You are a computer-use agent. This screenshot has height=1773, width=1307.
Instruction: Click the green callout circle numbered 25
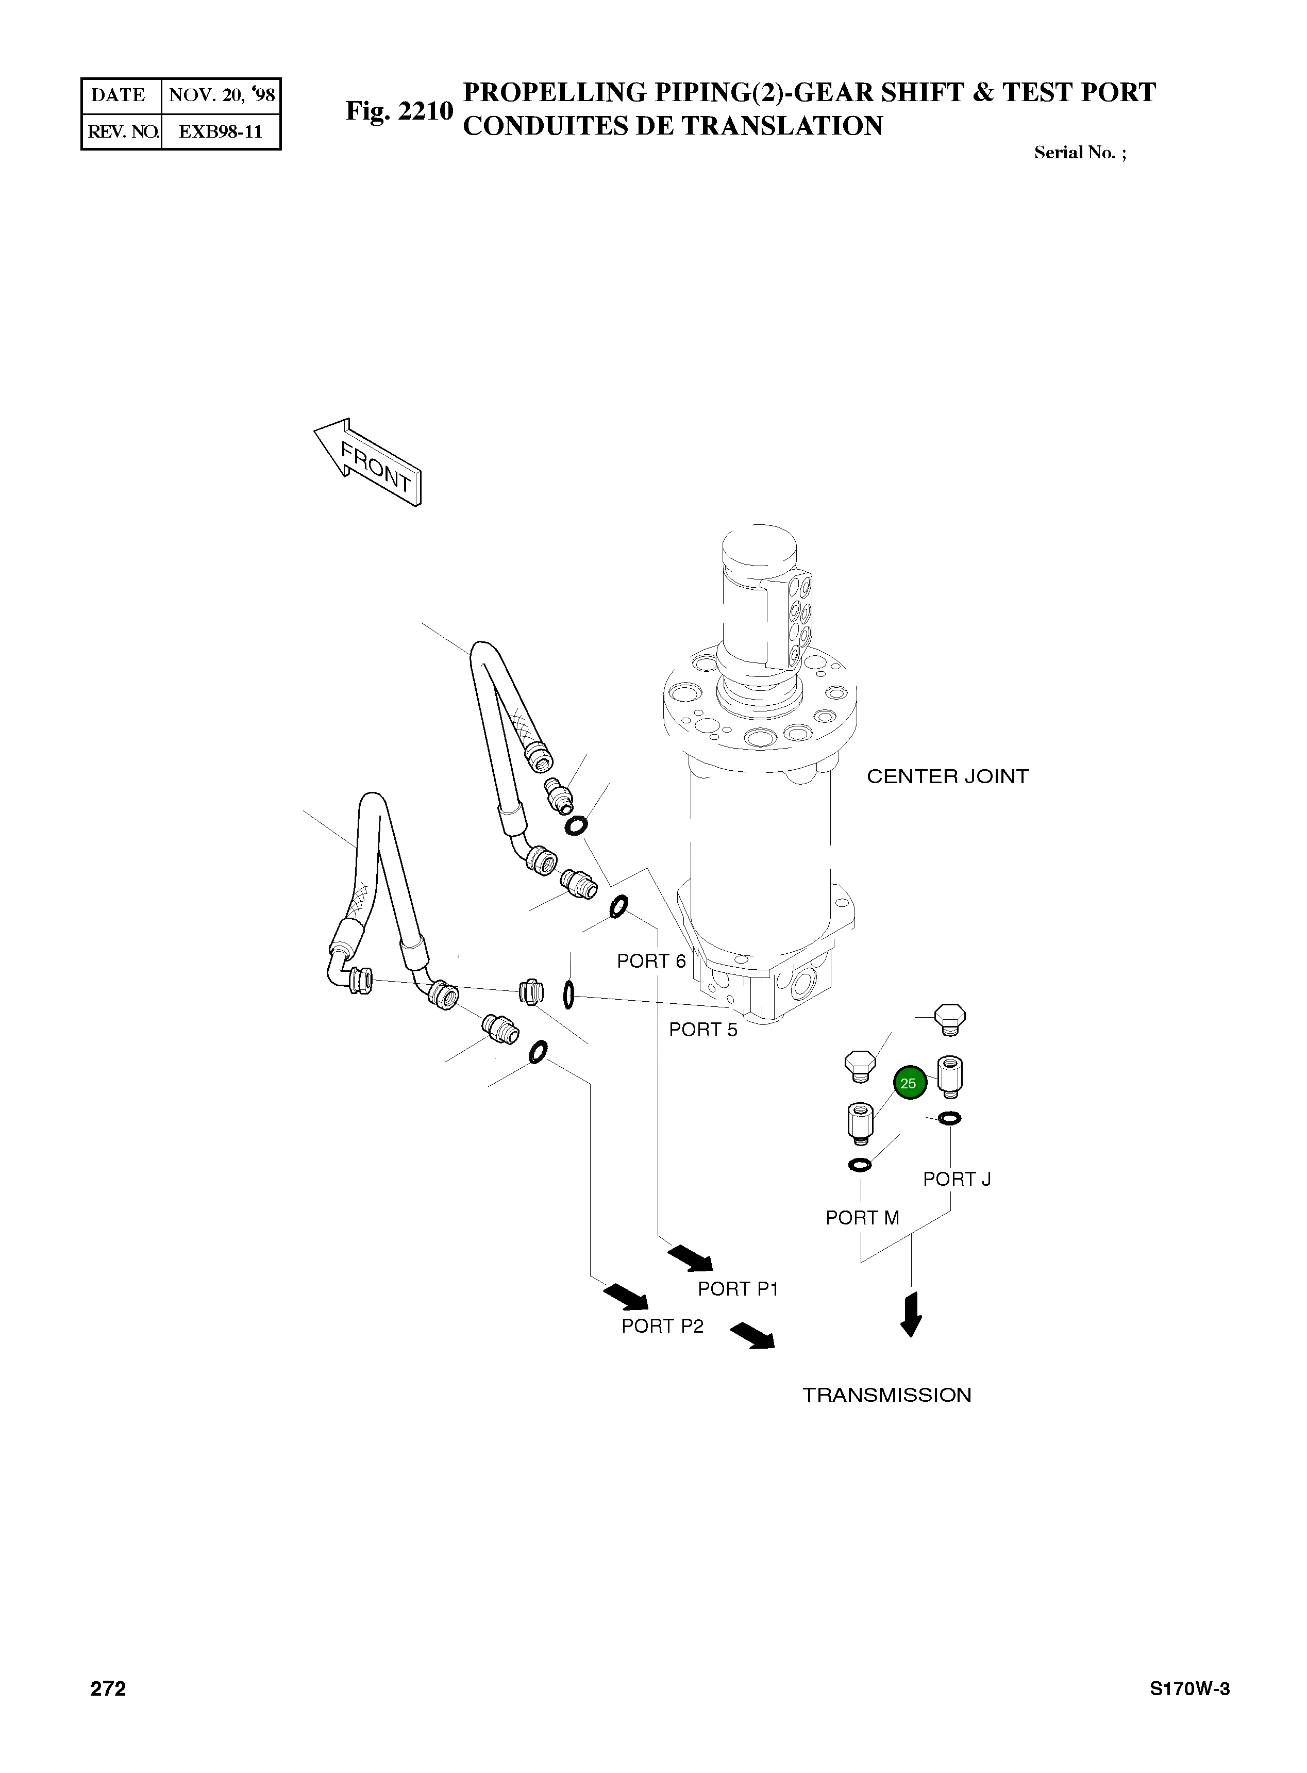click(x=908, y=1083)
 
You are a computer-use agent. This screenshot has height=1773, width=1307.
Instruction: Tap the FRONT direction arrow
click(x=368, y=461)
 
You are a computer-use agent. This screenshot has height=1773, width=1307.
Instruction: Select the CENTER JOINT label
click(x=947, y=776)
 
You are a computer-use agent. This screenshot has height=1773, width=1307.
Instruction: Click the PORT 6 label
click(x=650, y=961)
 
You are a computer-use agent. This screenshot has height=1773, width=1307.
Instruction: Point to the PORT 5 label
click(x=702, y=1030)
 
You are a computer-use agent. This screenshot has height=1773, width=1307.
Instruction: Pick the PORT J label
click(x=957, y=1180)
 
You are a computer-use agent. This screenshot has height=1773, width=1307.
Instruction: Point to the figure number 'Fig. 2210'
click(x=399, y=111)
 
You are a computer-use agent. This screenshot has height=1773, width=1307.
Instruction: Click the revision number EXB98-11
click(x=220, y=131)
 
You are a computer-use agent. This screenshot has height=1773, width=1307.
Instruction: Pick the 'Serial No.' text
click(x=1079, y=153)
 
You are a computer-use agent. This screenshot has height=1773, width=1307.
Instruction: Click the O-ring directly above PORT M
click(x=860, y=1164)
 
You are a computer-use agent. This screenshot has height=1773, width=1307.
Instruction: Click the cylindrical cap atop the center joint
click(x=758, y=554)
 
